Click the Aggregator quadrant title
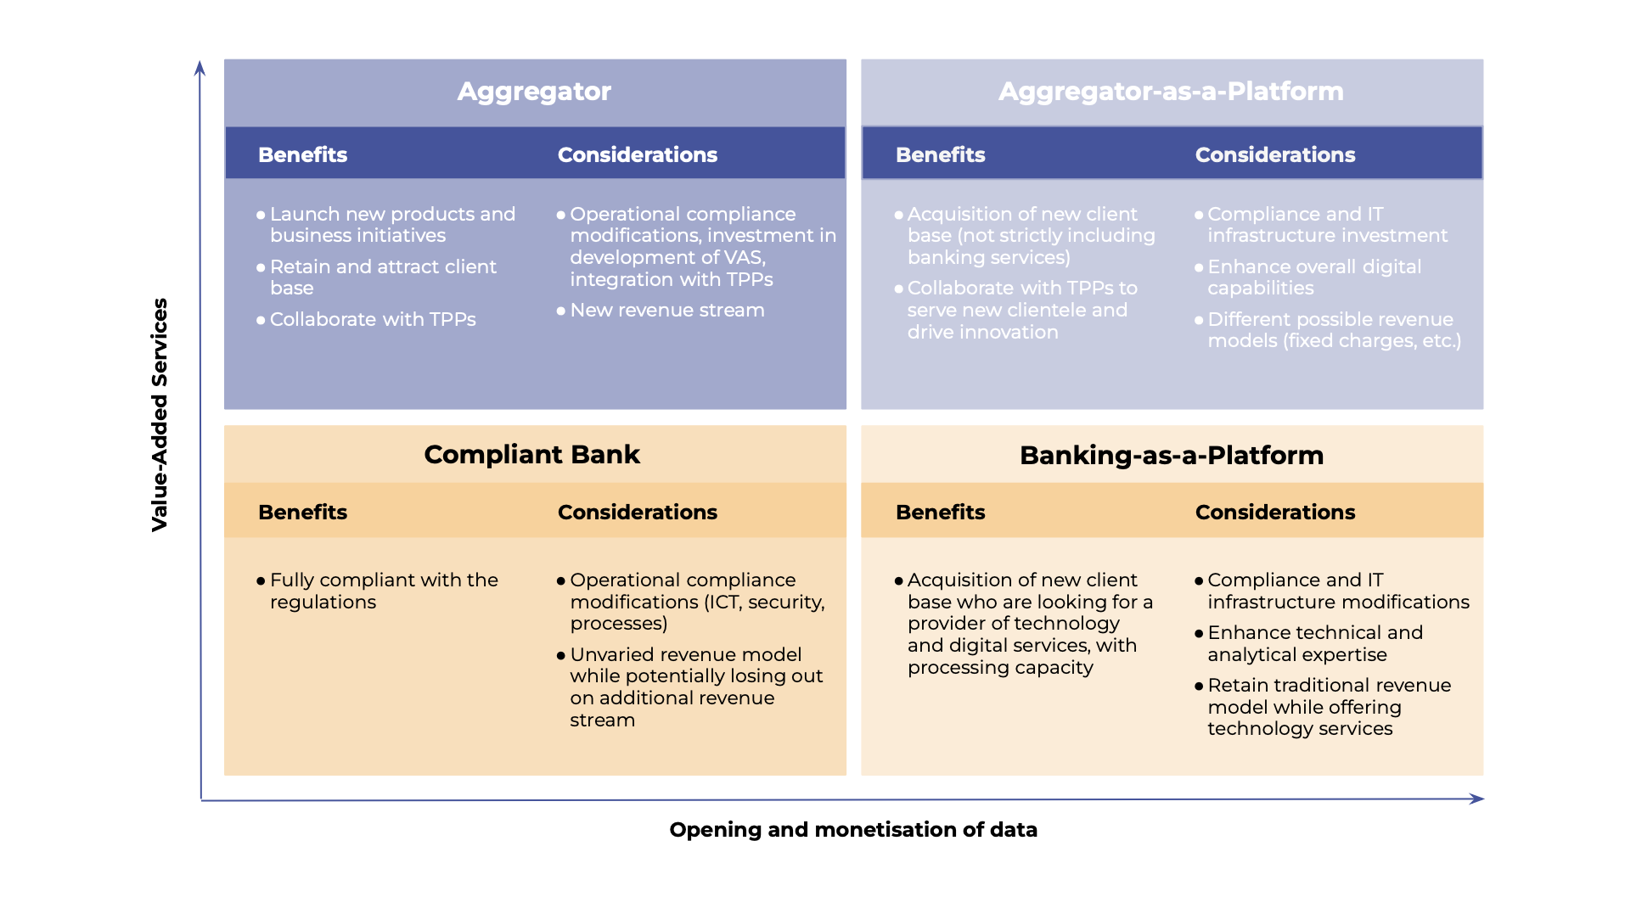point(533,92)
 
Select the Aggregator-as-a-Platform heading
point(1171,92)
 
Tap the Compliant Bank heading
point(531,455)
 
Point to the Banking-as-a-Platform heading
point(1171,456)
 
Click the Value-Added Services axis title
point(160,414)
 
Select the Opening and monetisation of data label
point(852,829)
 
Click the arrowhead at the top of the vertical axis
point(200,68)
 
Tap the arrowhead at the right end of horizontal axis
point(1476,799)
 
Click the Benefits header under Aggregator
point(302,154)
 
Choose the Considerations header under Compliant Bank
point(637,512)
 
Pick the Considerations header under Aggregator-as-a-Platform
point(1274,154)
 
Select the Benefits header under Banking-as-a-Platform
point(940,512)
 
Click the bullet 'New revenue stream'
point(666,311)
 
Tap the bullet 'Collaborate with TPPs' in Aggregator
point(372,320)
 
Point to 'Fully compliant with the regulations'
point(383,591)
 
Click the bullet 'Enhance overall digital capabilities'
point(1313,277)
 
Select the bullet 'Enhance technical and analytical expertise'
point(1314,643)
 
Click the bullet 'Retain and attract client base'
point(382,277)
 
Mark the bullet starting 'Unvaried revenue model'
point(695,687)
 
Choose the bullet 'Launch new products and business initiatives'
point(391,225)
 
